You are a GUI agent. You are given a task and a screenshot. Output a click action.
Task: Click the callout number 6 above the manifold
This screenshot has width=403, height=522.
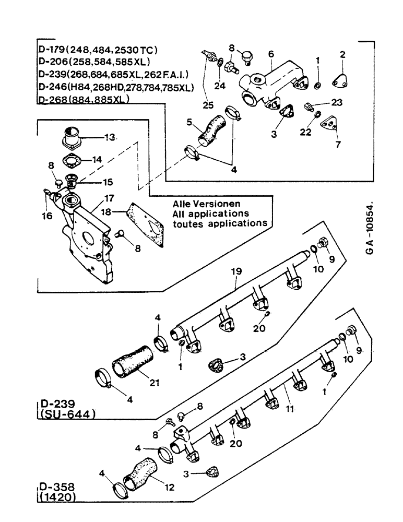coord(271,54)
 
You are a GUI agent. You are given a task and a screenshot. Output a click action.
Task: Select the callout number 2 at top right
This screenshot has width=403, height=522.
coord(342,54)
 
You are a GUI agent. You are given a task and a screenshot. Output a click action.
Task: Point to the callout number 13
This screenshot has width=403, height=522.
coord(109,137)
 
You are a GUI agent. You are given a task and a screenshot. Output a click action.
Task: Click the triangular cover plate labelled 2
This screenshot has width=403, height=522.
coord(343,77)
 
